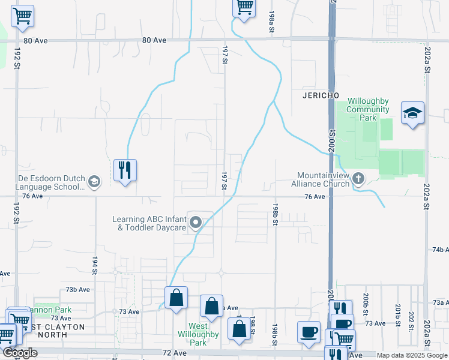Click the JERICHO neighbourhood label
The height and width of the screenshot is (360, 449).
316,96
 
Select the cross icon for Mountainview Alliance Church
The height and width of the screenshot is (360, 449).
358,178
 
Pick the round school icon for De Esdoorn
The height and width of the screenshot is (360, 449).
94,181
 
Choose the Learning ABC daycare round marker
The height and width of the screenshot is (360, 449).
195,223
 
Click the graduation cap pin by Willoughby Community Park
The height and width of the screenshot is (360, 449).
412,113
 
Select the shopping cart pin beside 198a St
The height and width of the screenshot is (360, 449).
244,8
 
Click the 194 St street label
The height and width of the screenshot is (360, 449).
95,265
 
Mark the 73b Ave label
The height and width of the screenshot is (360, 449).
78,289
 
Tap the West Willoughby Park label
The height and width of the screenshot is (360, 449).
193,338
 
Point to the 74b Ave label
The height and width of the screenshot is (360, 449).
440,249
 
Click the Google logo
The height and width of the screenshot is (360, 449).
20,353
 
